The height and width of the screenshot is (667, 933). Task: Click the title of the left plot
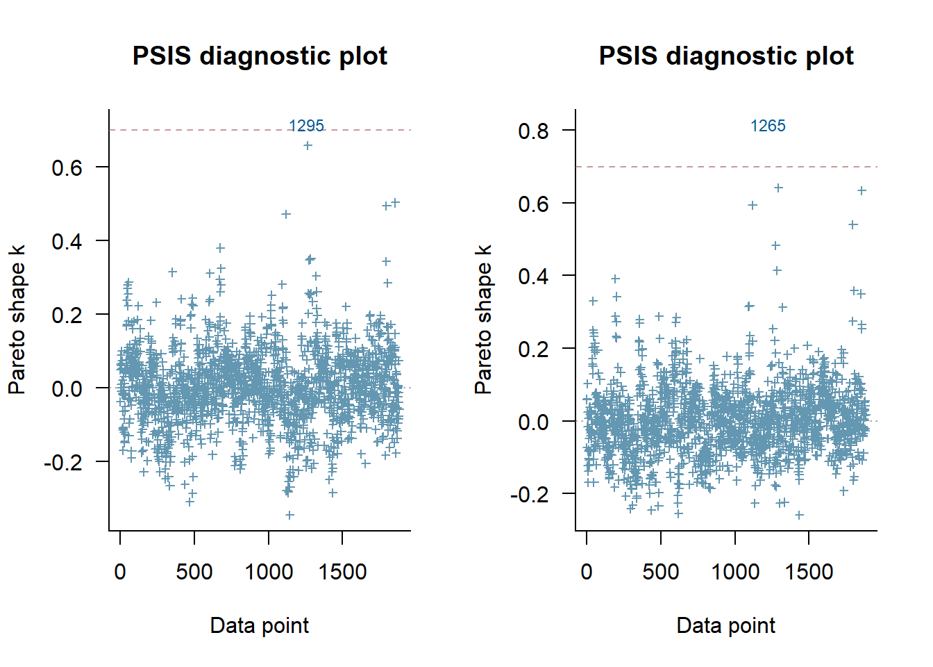pyautogui.click(x=260, y=56)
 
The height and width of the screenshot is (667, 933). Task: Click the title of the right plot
pyautogui.click(x=726, y=56)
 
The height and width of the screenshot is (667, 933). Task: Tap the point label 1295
pyautogui.click(x=306, y=126)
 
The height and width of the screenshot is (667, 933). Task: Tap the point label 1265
pyautogui.click(x=768, y=126)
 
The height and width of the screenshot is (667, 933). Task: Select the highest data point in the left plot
pyautogui.click(x=308, y=145)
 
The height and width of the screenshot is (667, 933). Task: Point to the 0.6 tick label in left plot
pyautogui.click(x=67, y=167)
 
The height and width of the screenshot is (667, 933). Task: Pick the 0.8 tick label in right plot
pyautogui.click(x=533, y=131)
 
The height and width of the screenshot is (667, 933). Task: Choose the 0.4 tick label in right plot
pyautogui.click(x=533, y=276)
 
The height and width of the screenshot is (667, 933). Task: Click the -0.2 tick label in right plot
pyautogui.click(x=529, y=494)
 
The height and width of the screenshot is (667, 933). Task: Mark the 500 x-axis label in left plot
pyautogui.click(x=194, y=572)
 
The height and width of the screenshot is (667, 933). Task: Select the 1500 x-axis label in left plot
pyautogui.click(x=342, y=572)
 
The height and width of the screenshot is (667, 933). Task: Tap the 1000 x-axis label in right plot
pyautogui.click(x=735, y=572)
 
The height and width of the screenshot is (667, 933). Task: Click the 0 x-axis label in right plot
pyautogui.click(x=587, y=572)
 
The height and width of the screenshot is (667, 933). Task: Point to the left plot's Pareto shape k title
pyautogui.click(x=17, y=320)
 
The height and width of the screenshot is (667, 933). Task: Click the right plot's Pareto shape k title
pyautogui.click(x=483, y=320)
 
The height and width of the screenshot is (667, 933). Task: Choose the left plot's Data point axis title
pyautogui.click(x=260, y=625)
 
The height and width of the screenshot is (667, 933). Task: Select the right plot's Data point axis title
pyautogui.click(x=726, y=625)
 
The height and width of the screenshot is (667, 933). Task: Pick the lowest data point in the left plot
pyautogui.click(x=289, y=515)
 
